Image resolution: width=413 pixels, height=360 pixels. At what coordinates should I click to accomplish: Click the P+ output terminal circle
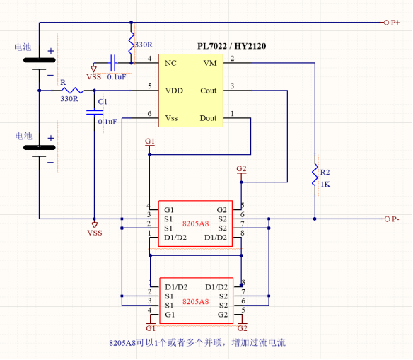pos(386,23)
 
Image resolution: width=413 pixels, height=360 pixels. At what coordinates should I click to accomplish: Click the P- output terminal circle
pos(387,219)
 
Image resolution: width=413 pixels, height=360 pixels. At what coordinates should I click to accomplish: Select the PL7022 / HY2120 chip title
pos(232,46)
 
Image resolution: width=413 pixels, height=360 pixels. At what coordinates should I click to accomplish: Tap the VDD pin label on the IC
pos(174,91)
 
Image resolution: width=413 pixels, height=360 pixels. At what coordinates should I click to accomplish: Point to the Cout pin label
pos(209,91)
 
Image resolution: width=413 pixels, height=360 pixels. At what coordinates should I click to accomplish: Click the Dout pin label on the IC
pos(208,118)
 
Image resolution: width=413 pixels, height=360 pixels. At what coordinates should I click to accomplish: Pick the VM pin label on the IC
pos(210,63)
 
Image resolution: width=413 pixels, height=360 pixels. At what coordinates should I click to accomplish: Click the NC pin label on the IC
pos(170,63)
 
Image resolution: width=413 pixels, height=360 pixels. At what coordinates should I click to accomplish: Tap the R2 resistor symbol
pos(315,175)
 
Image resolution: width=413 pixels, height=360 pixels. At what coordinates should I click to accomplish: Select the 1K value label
pos(325,185)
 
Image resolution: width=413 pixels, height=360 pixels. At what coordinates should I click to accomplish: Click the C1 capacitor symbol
pos(94,112)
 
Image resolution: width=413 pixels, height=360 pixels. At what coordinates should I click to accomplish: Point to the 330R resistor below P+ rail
pos(131,42)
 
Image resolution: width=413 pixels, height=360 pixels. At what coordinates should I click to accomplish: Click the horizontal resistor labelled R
pos(72,91)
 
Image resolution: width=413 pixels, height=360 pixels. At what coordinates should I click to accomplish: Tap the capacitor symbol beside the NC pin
pos(113,63)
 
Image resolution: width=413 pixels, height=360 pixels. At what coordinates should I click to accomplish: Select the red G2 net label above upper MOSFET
pos(241,168)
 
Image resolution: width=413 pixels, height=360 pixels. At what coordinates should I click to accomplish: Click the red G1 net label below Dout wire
pos(150,141)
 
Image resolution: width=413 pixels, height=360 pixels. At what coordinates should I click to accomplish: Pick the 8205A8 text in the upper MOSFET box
pos(195,223)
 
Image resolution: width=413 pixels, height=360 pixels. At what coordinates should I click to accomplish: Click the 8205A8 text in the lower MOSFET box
pos(195,301)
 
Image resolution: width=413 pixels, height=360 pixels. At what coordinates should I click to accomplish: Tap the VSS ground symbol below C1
pos(95,225)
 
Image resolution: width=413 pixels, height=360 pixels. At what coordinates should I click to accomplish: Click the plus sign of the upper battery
pos(51,51)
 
